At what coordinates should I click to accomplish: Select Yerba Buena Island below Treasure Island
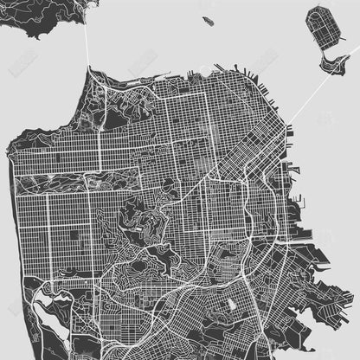[x=331, y=61]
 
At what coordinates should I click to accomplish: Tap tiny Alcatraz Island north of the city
[x=208, y=19]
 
